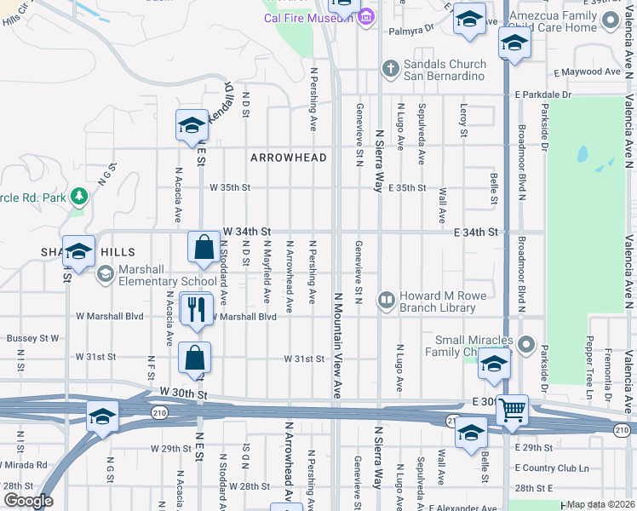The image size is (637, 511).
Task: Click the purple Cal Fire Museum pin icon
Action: (366, 17)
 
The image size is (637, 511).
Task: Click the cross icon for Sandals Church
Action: (391, 69)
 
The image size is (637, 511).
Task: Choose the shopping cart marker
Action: (513, 411)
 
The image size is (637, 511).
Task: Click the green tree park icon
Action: (80, 197)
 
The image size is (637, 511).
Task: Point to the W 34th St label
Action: (246, 231)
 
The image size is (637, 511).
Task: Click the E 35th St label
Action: (407, 188)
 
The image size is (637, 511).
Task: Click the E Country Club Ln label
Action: (552, 468)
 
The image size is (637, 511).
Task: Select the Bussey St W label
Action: (32, 338)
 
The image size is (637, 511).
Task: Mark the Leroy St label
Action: (464, 120)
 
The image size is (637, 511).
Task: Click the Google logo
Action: (28, 501)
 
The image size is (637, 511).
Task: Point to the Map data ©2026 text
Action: (600, 504)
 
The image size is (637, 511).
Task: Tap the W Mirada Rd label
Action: (23, 464)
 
